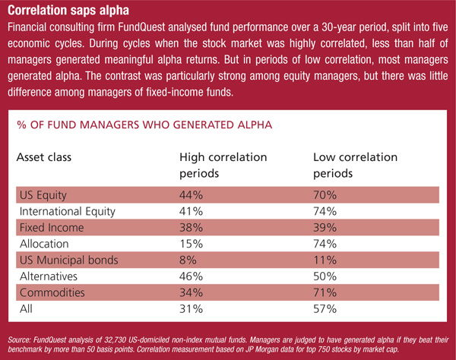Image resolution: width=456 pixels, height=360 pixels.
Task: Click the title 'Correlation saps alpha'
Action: [x=68, y=10]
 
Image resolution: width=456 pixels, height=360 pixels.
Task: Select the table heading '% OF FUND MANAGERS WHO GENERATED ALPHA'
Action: [x=144, y=125]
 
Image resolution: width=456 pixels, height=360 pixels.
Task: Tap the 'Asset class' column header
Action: [x=44, y=157]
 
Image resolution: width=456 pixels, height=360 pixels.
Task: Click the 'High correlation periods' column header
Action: [x=223, y=165]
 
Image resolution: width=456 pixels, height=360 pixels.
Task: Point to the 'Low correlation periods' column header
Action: [x=355, y=165]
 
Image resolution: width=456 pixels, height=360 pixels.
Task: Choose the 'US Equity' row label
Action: [x=43, y=195]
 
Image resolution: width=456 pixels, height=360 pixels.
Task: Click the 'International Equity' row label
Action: [x=68, y=211]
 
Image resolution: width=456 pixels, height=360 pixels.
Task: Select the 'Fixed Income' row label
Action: [x=52, y=228]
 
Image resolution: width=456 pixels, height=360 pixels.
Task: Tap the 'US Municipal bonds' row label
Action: [x=69, y=260]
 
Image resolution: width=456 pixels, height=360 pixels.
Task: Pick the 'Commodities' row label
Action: [x=52, y=292]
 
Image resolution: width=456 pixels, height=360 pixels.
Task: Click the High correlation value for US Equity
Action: [x=191, y=195]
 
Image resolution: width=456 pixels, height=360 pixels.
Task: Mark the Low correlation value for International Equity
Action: [x=325, y=211]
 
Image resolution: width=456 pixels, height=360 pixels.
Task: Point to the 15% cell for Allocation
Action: [x=191, y=244]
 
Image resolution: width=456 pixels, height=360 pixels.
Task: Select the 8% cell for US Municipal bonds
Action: [x=188, y=260]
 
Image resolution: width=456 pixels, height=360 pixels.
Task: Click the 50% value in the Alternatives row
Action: [x=325, y=276]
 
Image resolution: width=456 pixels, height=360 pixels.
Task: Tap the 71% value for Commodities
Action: [x=325, y=292]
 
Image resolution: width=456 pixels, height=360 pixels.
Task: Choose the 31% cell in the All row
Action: [x=191, y=309]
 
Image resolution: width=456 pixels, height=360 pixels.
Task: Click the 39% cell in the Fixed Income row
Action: [x=325, y=228]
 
